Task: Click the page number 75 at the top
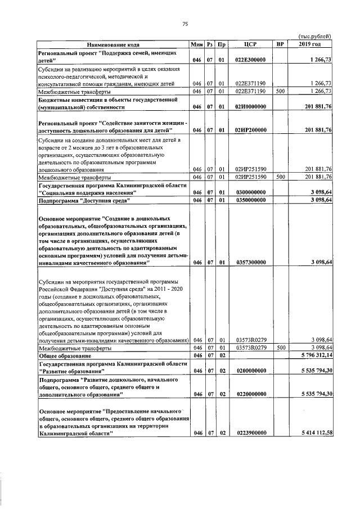tap(184, 23)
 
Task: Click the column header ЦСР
tap(251, 43)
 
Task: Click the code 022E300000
tap(251, 59)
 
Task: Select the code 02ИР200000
tap(251, 130)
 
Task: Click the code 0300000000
tap(251, 192)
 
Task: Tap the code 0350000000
tap(251, 200)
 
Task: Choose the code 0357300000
tap(251, 262)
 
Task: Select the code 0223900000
tap(251, 433)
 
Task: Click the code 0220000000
tap(251, 395)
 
